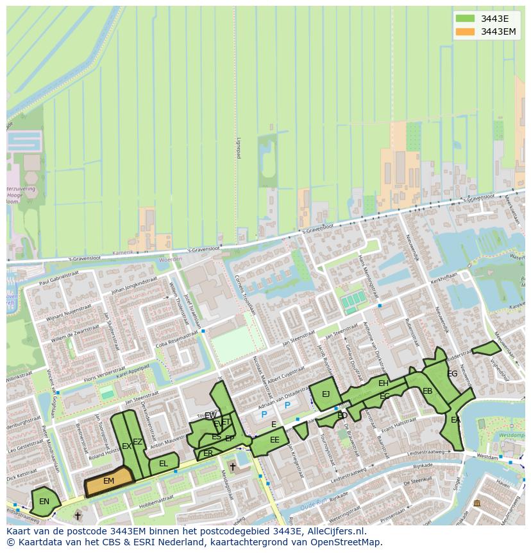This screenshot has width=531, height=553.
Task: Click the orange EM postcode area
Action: (x=109, y=481)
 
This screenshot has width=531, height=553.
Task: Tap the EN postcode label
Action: (x=44, y=502)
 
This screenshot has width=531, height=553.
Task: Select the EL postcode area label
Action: (x=164, y=464)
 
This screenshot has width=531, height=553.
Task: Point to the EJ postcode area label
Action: (x=326, y=394)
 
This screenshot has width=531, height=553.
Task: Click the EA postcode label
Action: (x=455, y=420)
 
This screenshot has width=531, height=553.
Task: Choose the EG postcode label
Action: (x=452, y=374)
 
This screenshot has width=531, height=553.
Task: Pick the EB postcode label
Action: (x=427, y=391)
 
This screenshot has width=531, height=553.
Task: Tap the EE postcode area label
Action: (x=274, y=440)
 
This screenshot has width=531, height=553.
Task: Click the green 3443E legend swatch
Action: (x=466, y=18)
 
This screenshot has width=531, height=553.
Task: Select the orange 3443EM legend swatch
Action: (x=466, y=31)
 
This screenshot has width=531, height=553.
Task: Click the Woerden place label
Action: (x=171, y=259)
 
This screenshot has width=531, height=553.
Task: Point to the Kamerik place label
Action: (x=122, y=254)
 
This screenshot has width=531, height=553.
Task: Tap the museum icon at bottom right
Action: (x=476, y=503)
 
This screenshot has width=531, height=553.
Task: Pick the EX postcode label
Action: (x=126, y=446)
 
